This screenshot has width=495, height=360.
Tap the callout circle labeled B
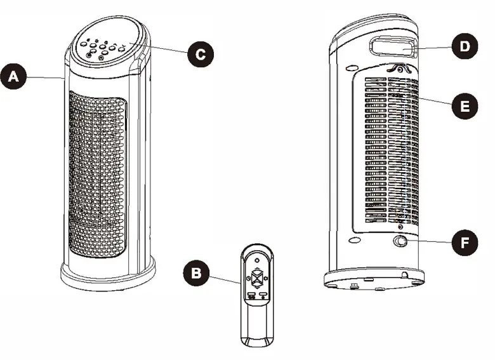tap(196, 274)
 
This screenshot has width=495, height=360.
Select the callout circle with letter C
tap(200, 53)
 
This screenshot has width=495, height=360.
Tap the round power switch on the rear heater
tap(401, 242)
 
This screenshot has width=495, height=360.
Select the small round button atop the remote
tap(256, 259)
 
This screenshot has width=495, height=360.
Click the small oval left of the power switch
tap(354, 241)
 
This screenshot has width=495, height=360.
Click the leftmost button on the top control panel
tap(83, 46)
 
